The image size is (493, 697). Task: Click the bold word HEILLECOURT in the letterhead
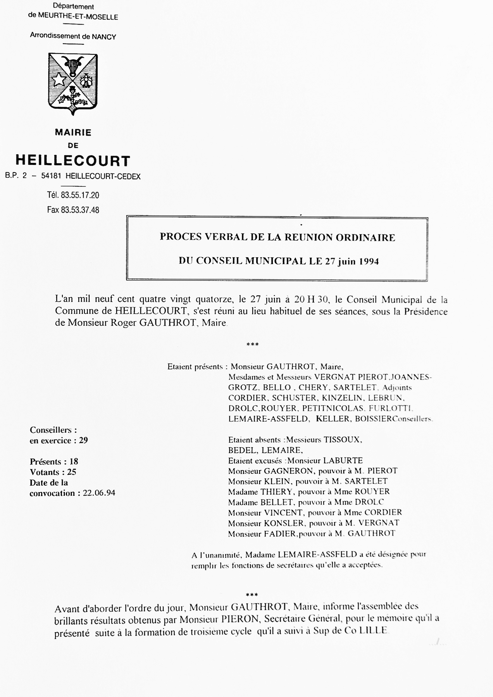click(73, 160)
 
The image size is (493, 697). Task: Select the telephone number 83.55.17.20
click(80, 195)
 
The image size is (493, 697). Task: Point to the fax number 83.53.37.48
click(80, 210)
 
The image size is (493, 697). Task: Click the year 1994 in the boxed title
click(369, 261)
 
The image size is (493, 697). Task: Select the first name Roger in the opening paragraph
click(123, 322)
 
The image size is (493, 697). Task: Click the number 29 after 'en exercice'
click(83, 440)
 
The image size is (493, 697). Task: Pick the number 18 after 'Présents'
click(74, 461)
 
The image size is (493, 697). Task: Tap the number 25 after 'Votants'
click(72, 472)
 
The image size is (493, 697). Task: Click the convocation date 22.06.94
click(99, 493)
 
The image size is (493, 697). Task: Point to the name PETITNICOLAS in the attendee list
click(333, 408)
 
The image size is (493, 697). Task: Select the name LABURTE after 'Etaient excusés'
click(343, 461)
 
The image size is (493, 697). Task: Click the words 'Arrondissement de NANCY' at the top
click(73, 36)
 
